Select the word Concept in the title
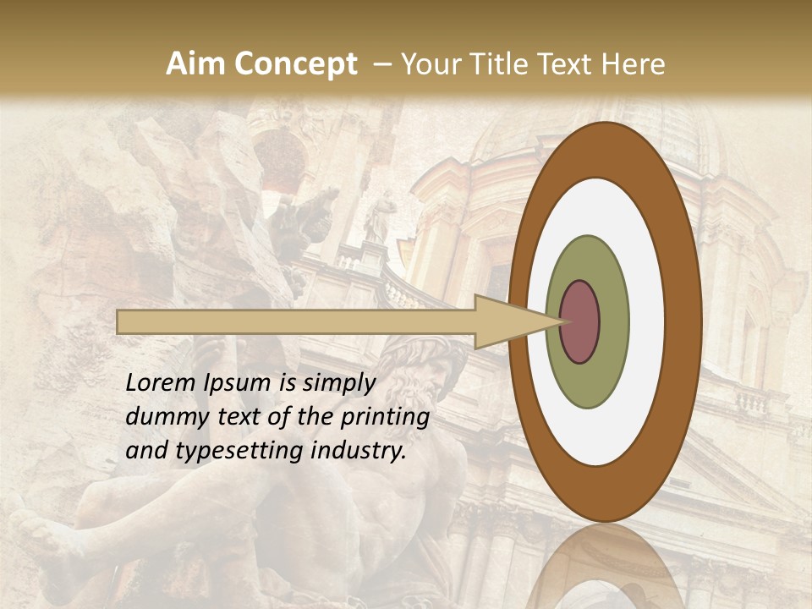[296, 64]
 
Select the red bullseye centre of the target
[579, 321]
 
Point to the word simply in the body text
[338, 384]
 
